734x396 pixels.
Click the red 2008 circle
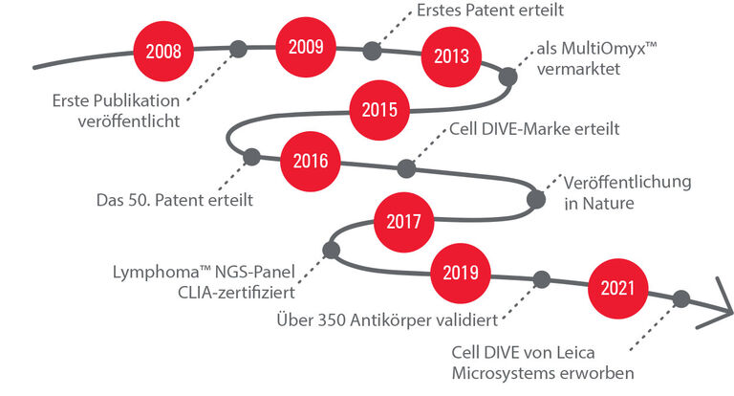click(x=163, y=51)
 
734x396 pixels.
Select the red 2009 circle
click(x=306, y=47)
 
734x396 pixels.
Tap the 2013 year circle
click(x=451, y=56)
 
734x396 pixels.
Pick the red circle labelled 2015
click(x=379, y=110)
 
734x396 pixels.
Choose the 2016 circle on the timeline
click(x=311, y=162)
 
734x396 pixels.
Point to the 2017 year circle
click(x=404, y=222)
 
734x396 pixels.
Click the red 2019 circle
click(x=461, y=274)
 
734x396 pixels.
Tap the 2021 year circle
click(x=618, y=289)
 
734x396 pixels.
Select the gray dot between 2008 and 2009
click(x=238, y=49)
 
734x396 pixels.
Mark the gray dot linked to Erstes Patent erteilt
click(x=372, y=51)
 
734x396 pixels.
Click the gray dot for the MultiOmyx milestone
click(x=507, y=77)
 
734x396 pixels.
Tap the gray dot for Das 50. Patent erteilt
click(x=251, y=157)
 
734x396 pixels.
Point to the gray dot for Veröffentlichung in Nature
click(x=536, y=199)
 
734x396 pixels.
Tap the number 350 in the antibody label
click(x=332, y=320)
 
